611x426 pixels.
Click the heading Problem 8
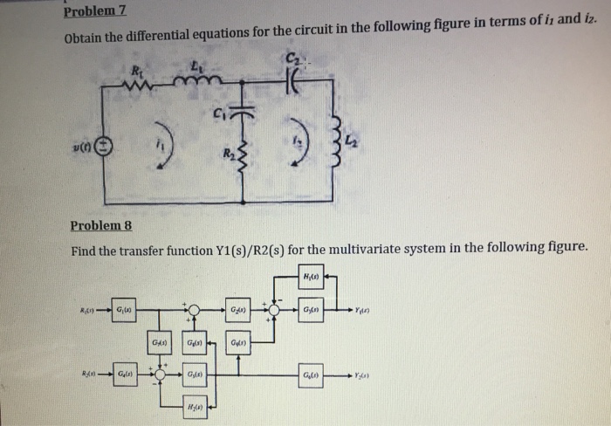100,226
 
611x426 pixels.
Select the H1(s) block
311,278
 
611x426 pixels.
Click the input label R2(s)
87,374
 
